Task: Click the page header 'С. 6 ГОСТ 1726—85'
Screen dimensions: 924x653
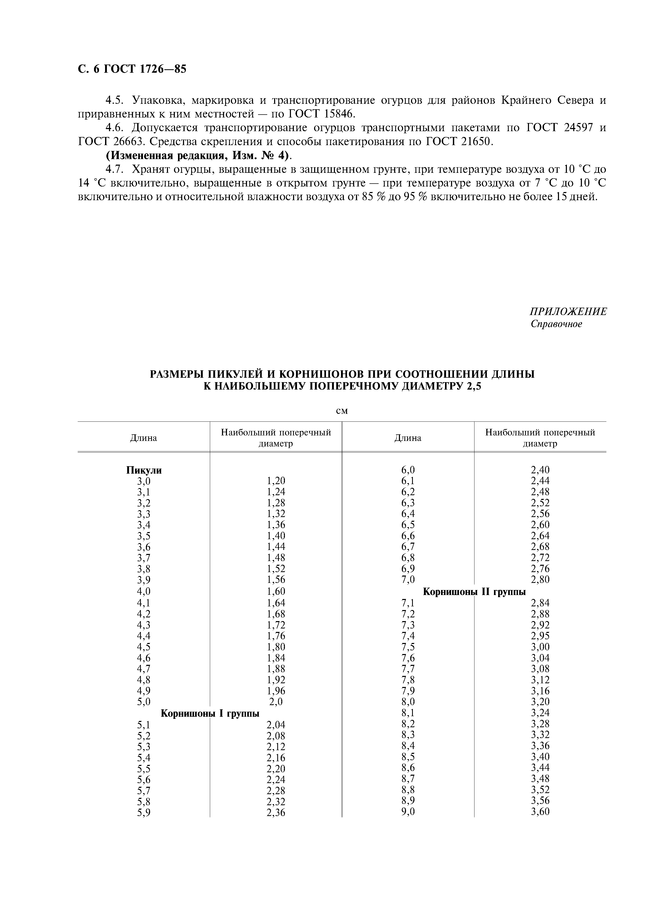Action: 132,69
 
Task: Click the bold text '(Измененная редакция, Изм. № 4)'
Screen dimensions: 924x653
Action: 198,155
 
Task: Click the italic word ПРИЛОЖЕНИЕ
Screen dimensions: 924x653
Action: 568,312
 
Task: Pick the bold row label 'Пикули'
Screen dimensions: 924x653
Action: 144,470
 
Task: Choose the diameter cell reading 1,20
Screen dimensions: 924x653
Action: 276,481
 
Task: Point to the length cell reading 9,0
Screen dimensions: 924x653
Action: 408,812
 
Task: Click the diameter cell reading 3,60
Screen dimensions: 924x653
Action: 540,812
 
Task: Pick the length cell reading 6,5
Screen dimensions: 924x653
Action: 408,525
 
